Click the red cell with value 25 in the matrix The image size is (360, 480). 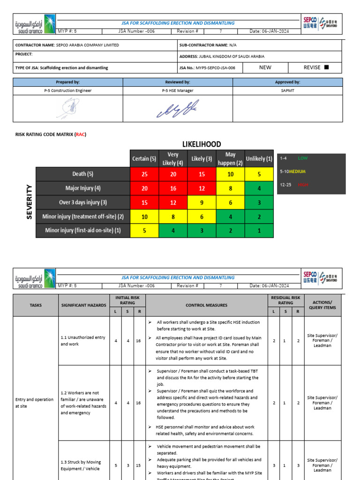[x=144, y=174]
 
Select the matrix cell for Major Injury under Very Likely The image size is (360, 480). [x=172, y=188]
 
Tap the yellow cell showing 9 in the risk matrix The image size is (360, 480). [x=202, y=203]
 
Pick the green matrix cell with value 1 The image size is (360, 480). [x=259, y=231]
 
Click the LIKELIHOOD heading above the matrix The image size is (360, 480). [x=202, y=144]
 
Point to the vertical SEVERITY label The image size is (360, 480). [x=29, y=202]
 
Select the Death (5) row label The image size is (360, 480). [x=82, y=174]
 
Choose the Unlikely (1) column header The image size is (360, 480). [x=259, y=158]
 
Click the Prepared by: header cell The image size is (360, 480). [x=68, y=82]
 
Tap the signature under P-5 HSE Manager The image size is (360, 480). [x=178, y=108]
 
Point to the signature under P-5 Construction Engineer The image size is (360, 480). [x=68, y=109]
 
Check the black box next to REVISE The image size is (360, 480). [x=327, y=67]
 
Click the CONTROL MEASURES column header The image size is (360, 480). [x=206, y=305]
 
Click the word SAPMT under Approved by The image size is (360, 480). [x=287, y=90]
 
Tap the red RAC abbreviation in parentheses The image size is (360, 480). [x=80, y=135]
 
